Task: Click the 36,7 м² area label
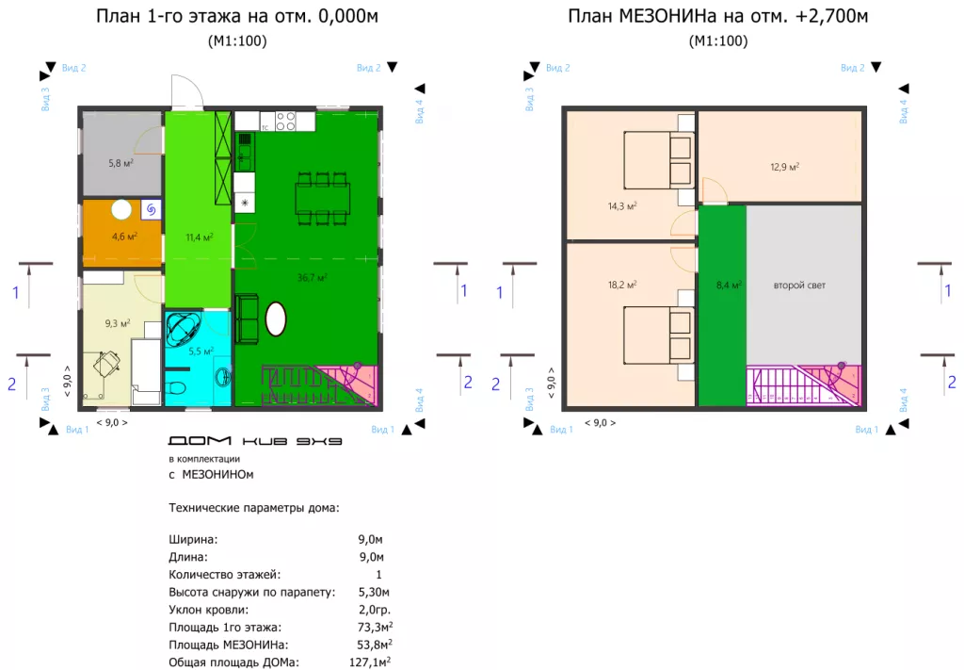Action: [x=312, y=277]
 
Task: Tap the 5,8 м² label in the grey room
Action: [x=121, y=163]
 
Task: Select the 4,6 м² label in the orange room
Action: [x=124, y=236]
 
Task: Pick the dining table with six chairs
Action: [x=323, y=198]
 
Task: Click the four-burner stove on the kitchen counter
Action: [x=285, y=122]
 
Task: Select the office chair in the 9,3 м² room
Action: [x=106, y=365]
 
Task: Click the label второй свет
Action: [x=799, y=285]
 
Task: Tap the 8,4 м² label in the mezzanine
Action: [x=729, y=285]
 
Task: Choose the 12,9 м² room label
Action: [x=784, y=167]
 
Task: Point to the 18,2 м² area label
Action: [x=622, y=285]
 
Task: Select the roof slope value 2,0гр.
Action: [x=375, y=610]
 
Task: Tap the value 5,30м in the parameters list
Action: [x=374, y=592]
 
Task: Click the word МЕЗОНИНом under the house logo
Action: [x=217, y=474]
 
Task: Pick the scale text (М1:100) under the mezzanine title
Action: [x=718, y=41]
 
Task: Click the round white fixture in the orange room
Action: [x=121, y=210]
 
